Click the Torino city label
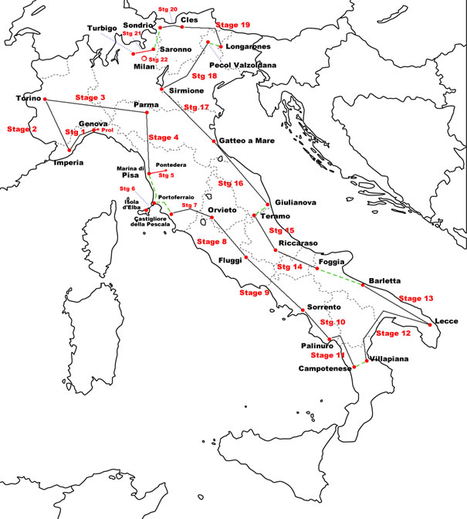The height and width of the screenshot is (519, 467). pyautogui.click(x=27, y=99)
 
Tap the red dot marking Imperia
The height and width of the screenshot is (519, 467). pyautogui.click(x=69, y=150)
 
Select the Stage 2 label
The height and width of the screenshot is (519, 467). pyautogui.click(x=22, y=129)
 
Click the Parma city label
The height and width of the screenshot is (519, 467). pyautogui.click(x=146, y=104)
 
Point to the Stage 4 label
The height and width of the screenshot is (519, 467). pyautogui.click(x=164, y=137)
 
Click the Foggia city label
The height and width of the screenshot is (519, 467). pyautogui.click(x=330, y=262)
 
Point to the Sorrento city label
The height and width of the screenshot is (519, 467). pyautogui.click(x=324, y=307)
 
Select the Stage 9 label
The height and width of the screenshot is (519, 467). pyautogui.click(x=254, y=293)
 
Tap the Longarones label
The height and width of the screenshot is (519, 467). pyautogui.click(x=250, y=47)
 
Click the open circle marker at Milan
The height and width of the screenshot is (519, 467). pyautogui.click(x=144, y=57)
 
